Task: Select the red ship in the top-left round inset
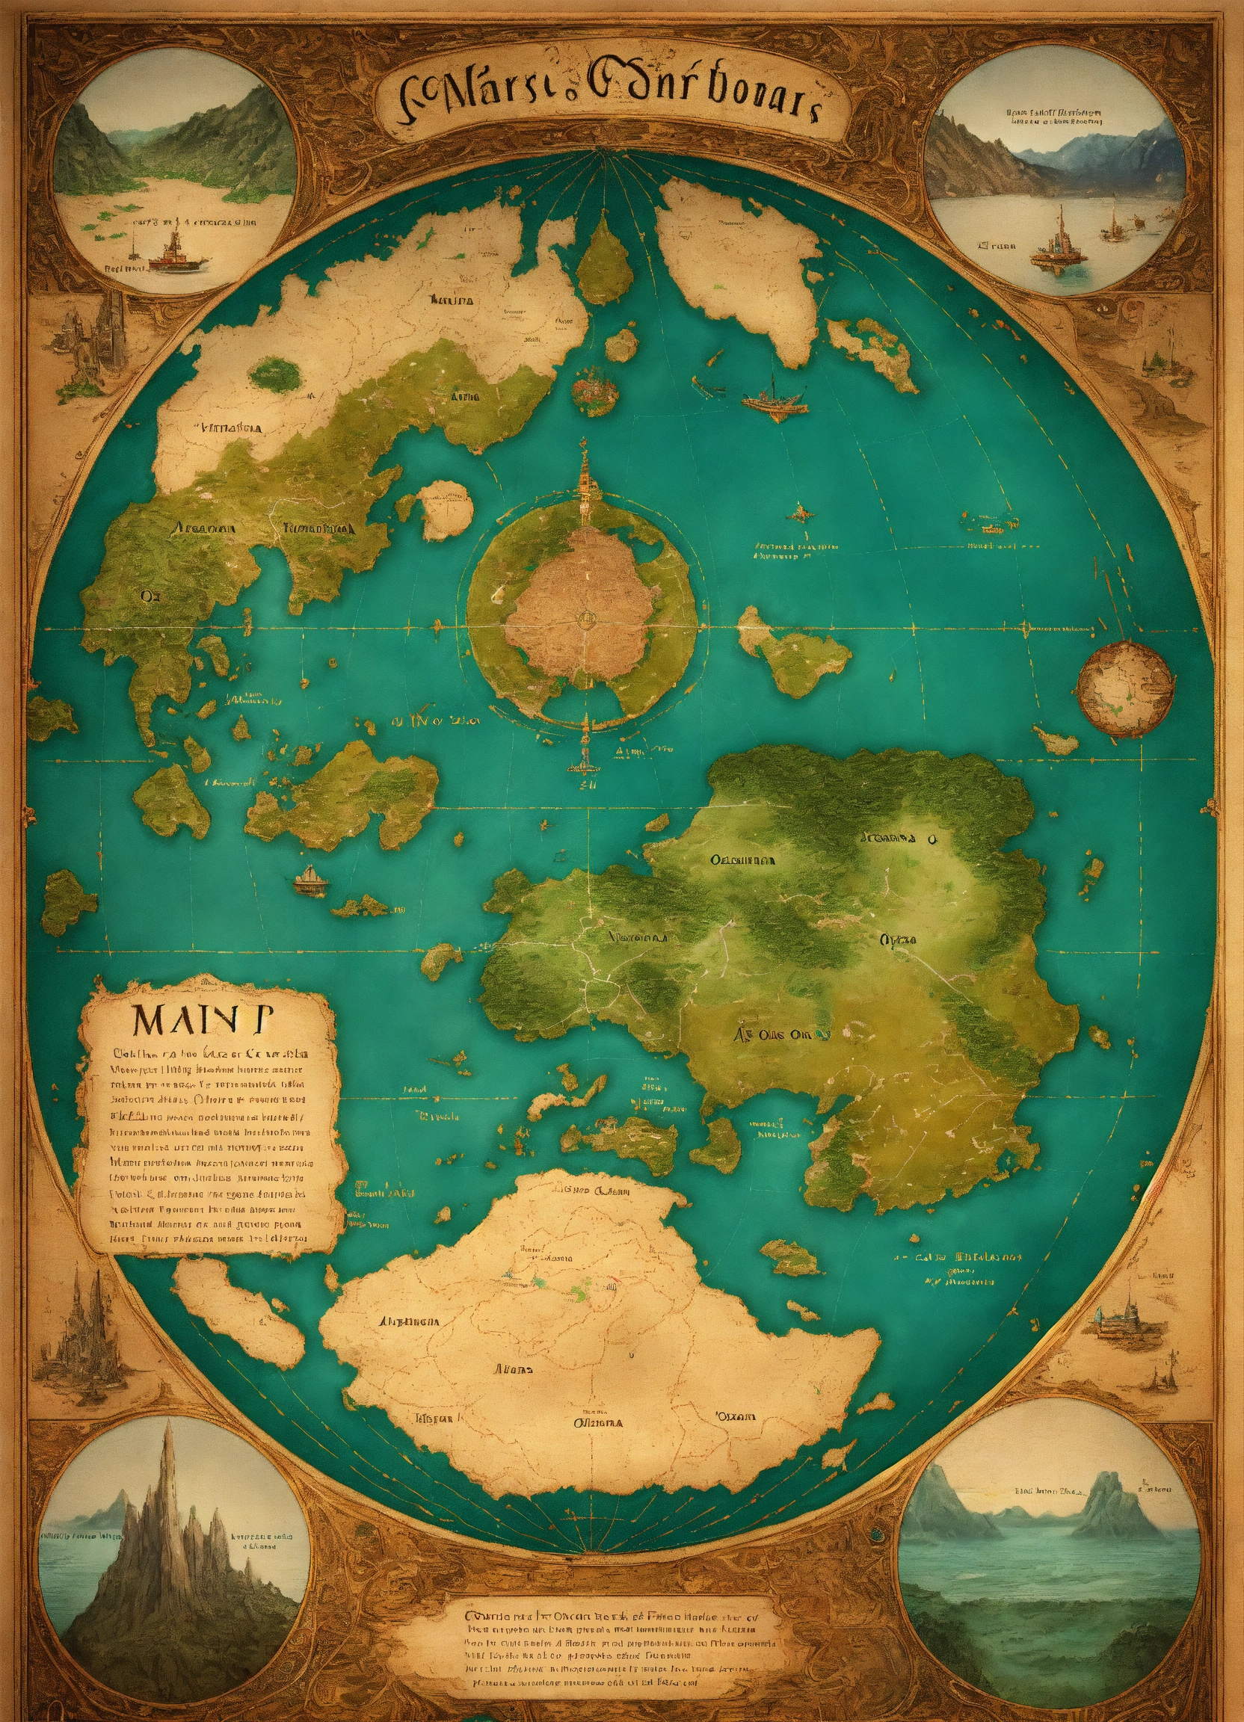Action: click(x=177, y=256)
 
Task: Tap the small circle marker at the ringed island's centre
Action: click(x=585, y=619)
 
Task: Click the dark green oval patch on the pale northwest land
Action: click(x=275, y=372)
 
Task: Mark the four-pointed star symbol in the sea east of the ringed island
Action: click(x=801, y=514)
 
